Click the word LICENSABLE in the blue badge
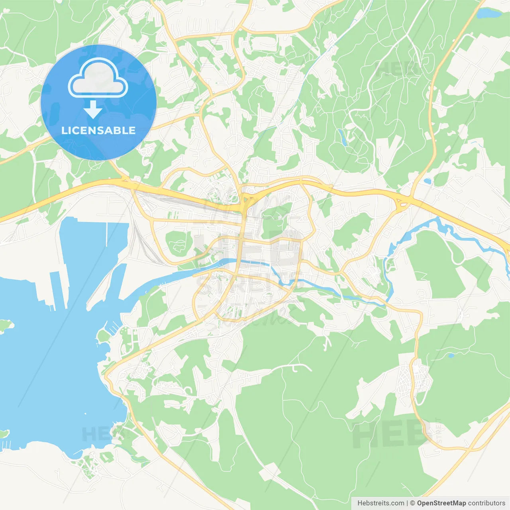tap(98, 131)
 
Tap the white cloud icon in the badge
tap(98, 78)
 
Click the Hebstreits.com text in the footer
tap(381, 503)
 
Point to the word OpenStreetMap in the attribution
tap(441, 503)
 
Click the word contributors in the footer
tap(486, 503)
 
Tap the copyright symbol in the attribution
tap(413, 503)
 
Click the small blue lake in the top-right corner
tap(489, 14)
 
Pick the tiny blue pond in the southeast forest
tap(451, 355)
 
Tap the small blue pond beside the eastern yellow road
tap(427, 181)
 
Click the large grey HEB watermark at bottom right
tap(386, 435)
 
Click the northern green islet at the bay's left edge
tap(6, 326)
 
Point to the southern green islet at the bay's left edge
tap(4, 433)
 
